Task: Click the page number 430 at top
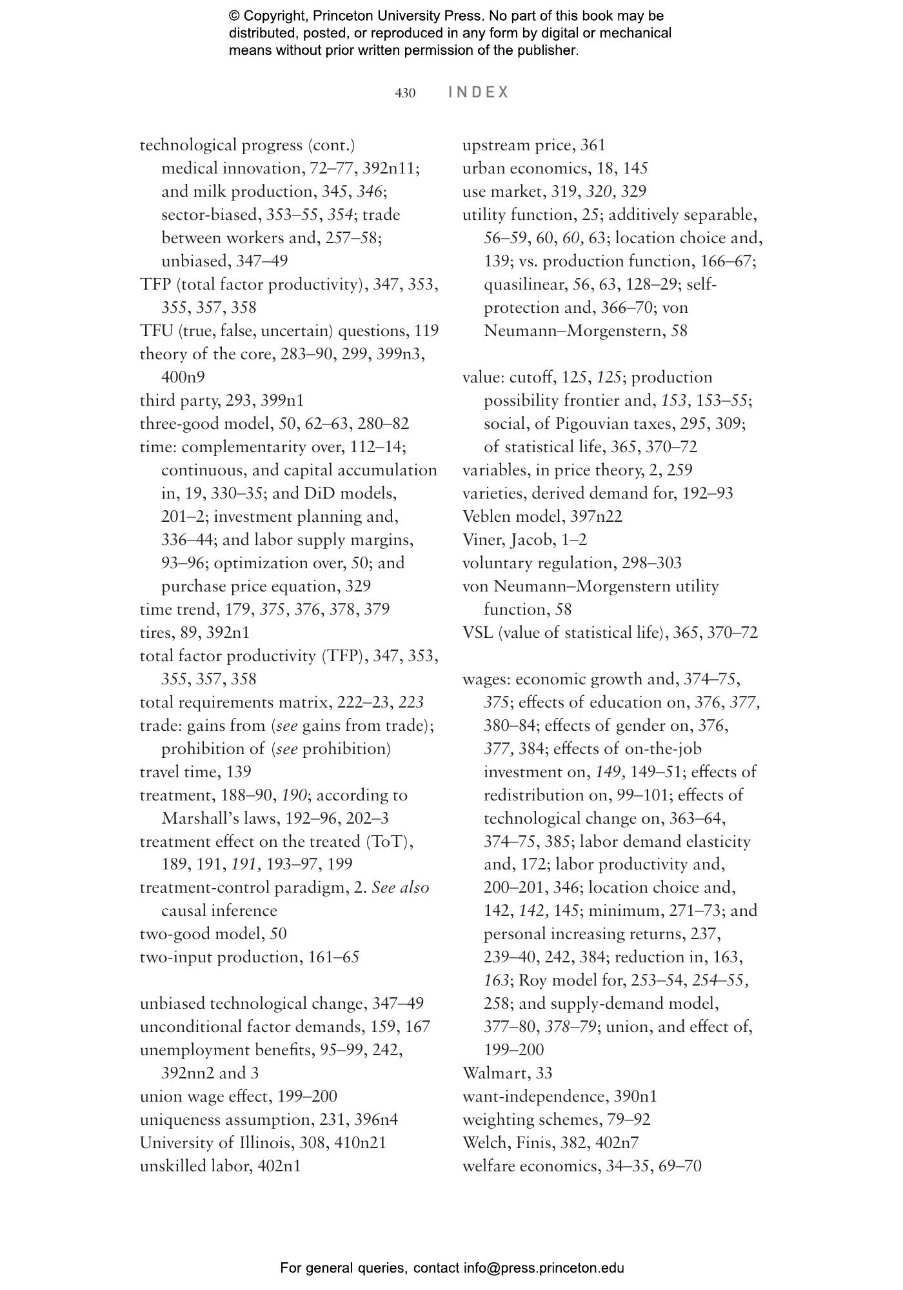[405, 93]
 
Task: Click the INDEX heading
[479, 92]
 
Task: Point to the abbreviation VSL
[478, 632]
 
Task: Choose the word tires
[155, 632]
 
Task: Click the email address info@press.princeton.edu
[544, 1267]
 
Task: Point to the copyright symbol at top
[233, 15]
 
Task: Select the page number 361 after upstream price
[593, 145]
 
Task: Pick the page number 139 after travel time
[239, 771]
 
